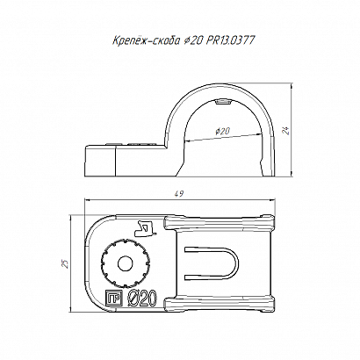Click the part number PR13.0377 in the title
pos(229,40)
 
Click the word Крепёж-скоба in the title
pos(146,40)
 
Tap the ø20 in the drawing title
pos(193,40)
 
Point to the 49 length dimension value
pos(179,193)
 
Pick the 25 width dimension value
pos(66,263)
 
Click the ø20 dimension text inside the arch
pos(223,132)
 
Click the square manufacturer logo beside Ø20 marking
pos(113,299)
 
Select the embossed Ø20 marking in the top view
pos(142,299)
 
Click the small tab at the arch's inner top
pos(223,102)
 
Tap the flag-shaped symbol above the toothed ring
pos(144,228)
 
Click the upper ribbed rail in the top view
pos(220,223)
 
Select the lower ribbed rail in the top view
pos(220,305)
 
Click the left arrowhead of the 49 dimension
pos(87,199)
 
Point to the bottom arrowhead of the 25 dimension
pos(71,309)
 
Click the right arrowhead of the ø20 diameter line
pos(258,134)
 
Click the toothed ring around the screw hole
pos(104,263)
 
